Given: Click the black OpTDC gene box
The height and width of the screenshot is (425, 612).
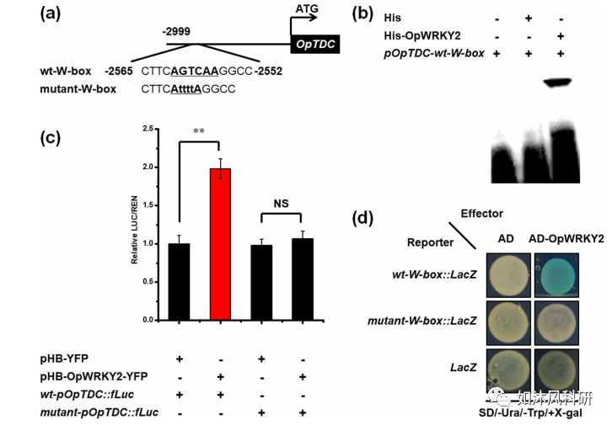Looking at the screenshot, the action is [315, 48].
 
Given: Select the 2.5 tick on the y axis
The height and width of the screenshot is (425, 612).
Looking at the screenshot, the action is [147, 129].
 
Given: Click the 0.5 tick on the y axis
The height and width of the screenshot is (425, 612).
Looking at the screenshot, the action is [147, 282].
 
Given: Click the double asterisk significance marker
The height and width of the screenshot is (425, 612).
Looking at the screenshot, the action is [200, 131].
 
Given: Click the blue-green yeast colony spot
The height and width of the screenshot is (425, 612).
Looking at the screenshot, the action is [555, 274].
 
